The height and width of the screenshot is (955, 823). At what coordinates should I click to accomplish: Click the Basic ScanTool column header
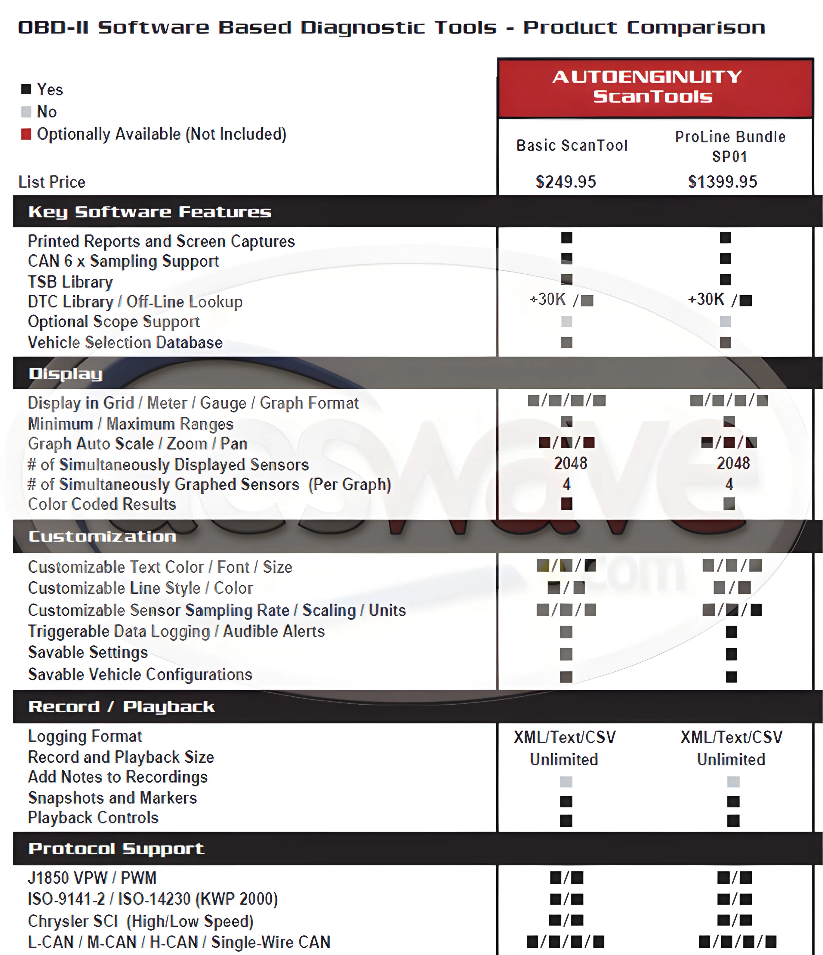pos(572,146)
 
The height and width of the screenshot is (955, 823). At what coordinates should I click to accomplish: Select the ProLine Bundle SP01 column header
pos(730,146)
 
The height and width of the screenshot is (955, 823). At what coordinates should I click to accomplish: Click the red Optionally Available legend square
pos(26,134)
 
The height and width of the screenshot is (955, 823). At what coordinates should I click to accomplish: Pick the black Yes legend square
pos(26,89)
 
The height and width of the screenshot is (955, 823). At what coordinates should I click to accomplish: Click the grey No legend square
pos(26,111)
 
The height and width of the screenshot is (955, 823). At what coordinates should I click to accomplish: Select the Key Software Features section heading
pos(150,212)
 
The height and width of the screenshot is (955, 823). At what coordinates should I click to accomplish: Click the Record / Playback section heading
pos(122,707)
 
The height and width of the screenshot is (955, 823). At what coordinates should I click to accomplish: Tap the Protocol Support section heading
pos(116,848)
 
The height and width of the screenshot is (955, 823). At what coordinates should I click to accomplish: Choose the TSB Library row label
pos(70,282)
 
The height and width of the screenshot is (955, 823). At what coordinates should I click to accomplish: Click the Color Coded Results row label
pos(102,504)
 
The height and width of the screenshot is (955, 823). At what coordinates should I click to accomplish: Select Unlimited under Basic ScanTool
pos(564,759)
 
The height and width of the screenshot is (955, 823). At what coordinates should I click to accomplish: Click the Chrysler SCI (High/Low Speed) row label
pos(140,921)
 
